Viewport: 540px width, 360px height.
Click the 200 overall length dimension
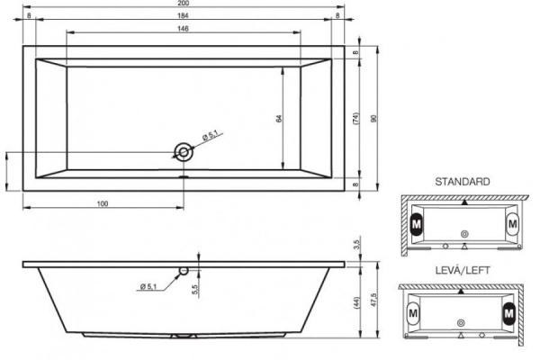tap(184, 3)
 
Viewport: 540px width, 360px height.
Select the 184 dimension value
tap(184, 15)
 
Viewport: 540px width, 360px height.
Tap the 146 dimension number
tap(184, 29)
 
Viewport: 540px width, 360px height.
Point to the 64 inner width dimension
tap(279, 119)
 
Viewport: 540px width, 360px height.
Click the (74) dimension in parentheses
tap(356, 119)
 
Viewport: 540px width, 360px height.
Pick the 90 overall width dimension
tap(374, 119)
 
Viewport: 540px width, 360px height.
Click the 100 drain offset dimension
tap(103, 203)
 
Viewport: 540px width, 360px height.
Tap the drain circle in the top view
tap(184, 152)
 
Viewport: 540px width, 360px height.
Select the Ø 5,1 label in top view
tap(210, 135)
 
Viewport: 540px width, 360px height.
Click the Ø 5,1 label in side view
tap(148, 286)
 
